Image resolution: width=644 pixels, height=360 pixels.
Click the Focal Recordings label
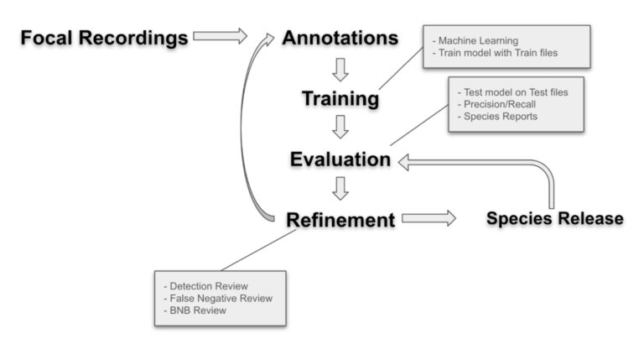[104, 38]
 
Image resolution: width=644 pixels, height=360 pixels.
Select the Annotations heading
[340, 38]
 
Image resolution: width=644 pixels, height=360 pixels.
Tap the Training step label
[340, 99]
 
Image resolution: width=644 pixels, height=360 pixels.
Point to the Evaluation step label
[340, 159]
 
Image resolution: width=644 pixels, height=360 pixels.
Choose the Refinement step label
[340, 220]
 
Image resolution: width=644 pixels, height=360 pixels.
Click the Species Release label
[554, 219]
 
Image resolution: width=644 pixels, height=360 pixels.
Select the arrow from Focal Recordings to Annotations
[220, 36]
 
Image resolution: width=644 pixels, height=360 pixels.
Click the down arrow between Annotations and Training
[340, 68]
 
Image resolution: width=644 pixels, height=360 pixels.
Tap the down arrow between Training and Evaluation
[340, 128]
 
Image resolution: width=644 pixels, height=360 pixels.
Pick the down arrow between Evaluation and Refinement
[340, 187]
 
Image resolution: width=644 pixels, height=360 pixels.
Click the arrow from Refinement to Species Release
[428, 219]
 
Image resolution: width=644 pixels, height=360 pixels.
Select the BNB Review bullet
[198, 310]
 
